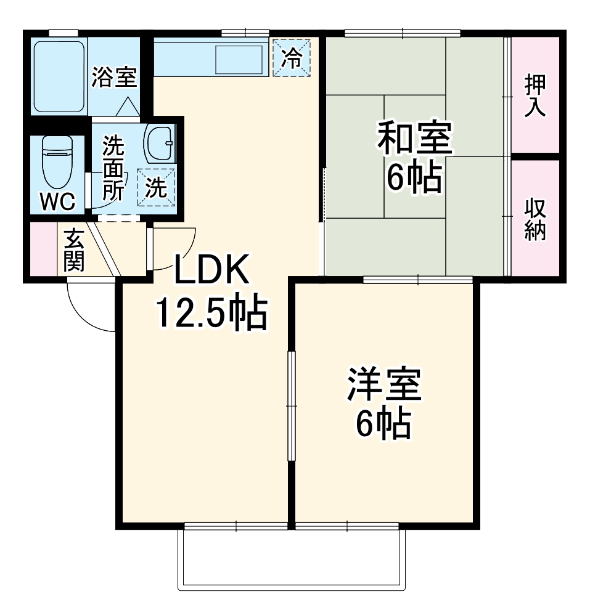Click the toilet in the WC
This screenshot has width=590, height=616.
pos(57,163)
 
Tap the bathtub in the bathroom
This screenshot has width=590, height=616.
pos(59,77)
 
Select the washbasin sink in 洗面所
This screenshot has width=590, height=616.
pos(159,144)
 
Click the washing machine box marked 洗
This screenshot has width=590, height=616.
pos(156,187)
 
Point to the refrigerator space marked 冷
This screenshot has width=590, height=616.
pos(292,58)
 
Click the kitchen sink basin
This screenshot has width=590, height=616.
pos(239,60)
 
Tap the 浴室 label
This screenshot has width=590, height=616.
pos(114,77)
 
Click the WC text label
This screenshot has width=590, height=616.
pos(58,202)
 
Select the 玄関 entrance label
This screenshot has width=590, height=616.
pos(74,250)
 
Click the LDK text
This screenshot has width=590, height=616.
pos(211,270)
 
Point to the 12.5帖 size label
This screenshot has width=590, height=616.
pos(212,313)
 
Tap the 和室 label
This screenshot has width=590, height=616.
pos(415,138)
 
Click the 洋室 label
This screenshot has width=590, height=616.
pos(384,384)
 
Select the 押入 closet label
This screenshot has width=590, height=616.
pos(535,95)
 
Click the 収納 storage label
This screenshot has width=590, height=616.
pos(535,219)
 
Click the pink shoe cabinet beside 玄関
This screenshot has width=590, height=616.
pos(44,249)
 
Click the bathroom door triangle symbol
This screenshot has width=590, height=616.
pos(128,106)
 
